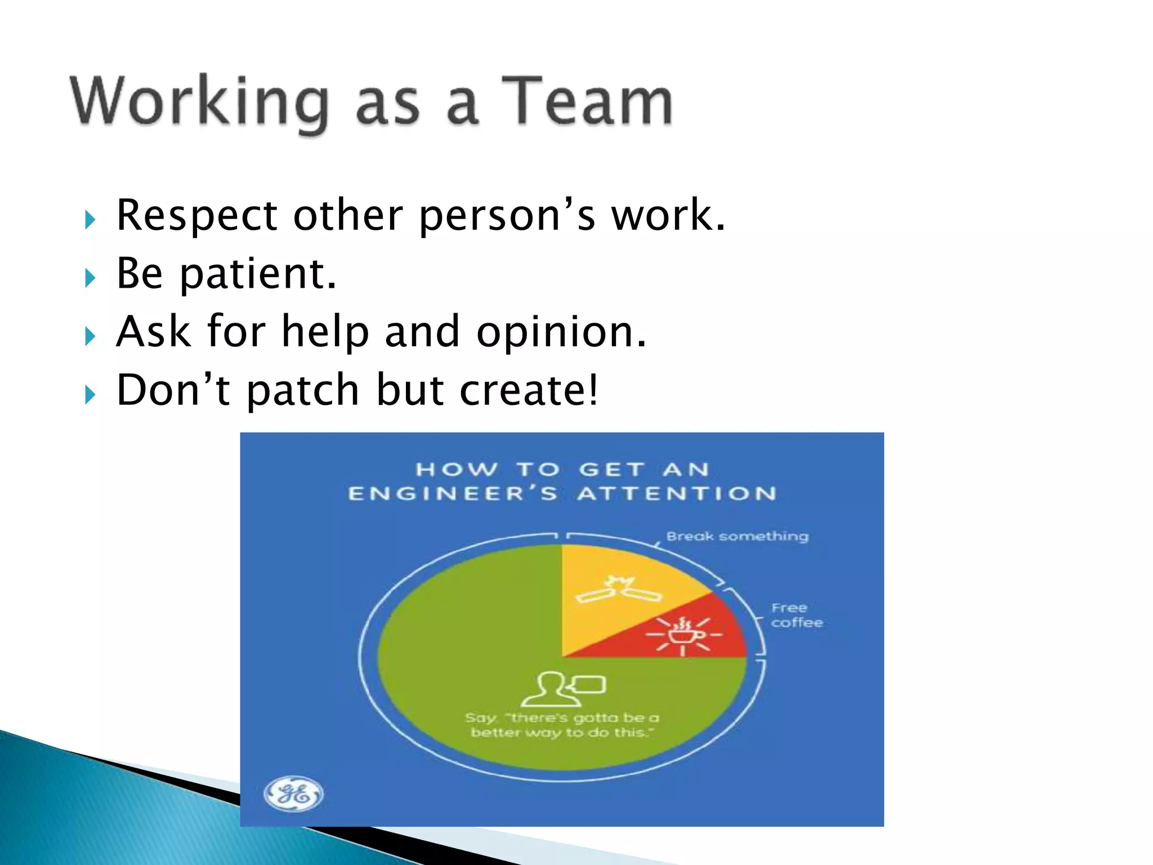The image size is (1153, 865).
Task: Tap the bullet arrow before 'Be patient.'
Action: [x=90, y=278]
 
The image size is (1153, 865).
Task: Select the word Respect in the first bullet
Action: [x=197, y=216]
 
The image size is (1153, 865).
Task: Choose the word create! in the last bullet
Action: [x=529, y=390]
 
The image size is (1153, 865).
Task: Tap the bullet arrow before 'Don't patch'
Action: [x=90, y=395]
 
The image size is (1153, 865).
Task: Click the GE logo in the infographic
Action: [x=294, y=794]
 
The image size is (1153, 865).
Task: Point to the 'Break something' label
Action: [x=737, y=536]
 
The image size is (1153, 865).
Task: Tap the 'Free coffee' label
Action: [x=796, y=616]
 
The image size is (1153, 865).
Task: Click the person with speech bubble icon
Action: [x=562, y=688]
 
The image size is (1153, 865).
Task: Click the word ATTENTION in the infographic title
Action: [x=677, y=494]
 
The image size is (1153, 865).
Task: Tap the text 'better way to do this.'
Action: [x=562, y=733]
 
